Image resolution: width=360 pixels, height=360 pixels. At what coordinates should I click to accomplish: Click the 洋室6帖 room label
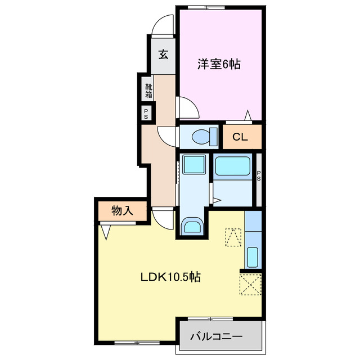coord(219,64)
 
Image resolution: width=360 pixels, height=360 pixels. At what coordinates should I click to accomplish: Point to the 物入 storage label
coord(122,211)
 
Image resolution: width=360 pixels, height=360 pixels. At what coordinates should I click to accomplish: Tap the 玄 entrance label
coord(163,55)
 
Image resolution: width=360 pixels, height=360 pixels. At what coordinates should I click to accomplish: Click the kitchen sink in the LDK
coord(253,256)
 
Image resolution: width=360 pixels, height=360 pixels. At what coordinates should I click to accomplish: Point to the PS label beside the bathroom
coord(259,175)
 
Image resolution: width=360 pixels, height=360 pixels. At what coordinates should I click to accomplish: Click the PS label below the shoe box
coord(146,114)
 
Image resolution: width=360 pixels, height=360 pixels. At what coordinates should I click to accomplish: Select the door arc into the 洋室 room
coord(187,107)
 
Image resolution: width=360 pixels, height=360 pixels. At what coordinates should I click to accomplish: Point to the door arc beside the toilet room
coord(168,135)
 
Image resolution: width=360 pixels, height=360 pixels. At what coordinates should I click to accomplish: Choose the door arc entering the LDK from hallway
coord(162,217)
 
